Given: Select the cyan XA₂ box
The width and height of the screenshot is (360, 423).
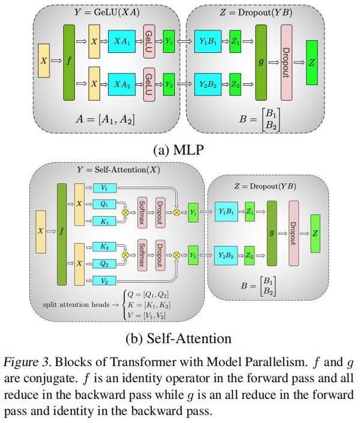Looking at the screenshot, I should [122, 84].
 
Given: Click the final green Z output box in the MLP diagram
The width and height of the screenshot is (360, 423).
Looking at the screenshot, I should [311, 63].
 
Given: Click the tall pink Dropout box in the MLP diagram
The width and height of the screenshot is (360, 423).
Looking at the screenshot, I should [286, 63].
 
